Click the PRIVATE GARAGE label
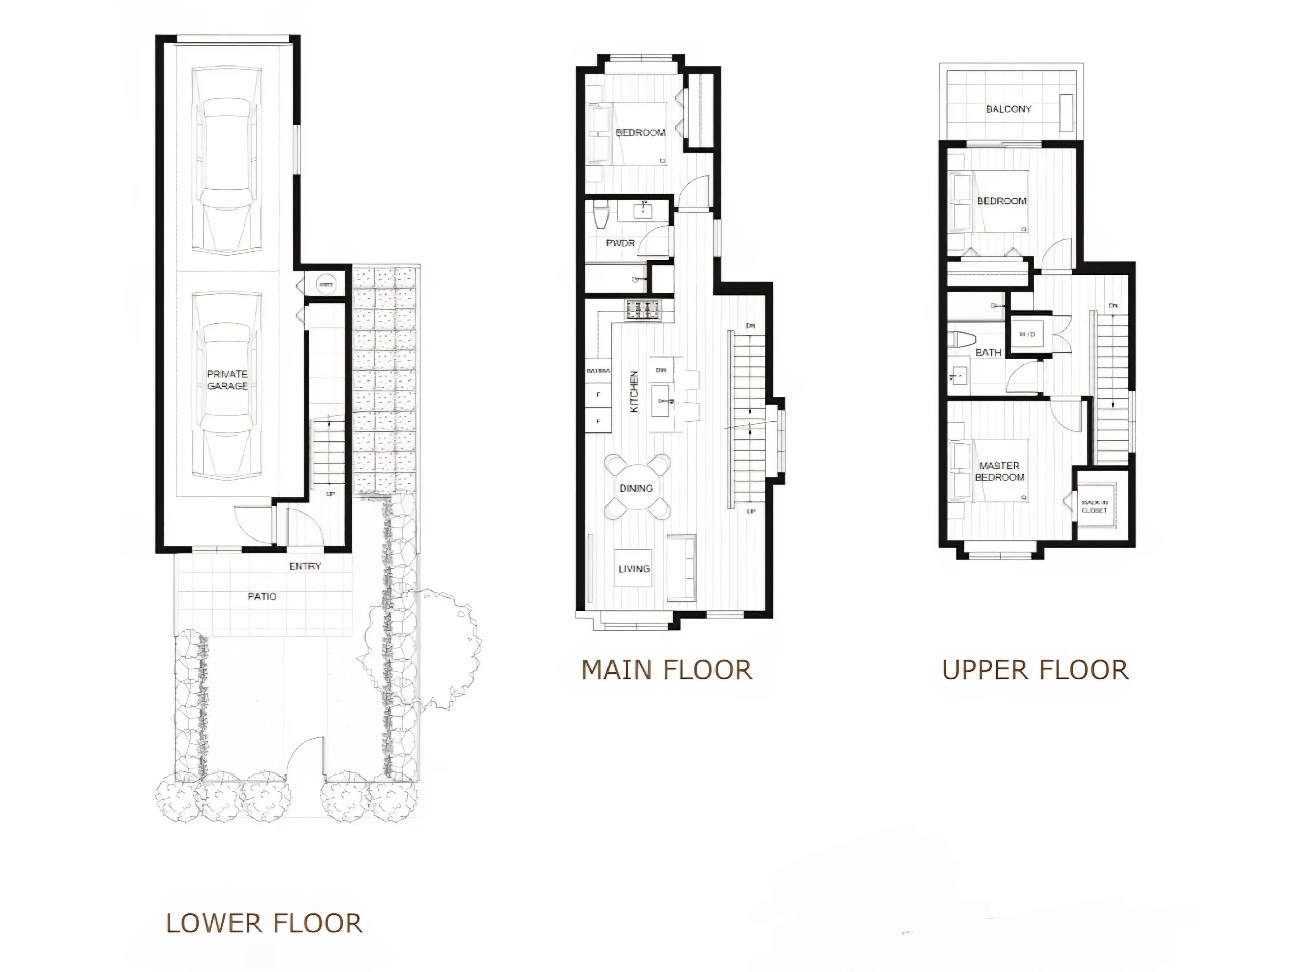click(x=227, y=380)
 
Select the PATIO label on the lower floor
click(x=262, y=596)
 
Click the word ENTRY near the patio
click(x=305, y=566)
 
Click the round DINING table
click(x=636, y=488)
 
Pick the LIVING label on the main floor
click(x=634, y=569)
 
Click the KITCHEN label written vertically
click(x=634, y=392)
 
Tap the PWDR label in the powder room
click(x=620, y=243)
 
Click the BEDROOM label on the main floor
click(x=640, y=132)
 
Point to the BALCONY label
click(x=1008, y=109)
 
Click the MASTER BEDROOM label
click(x=1000, y=471)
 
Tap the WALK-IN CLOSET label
click(x=1095, y=506)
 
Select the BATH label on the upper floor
click(x=988, y=352)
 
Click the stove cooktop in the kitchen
click(x=643, y=310)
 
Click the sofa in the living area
click(x=681, y=568)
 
